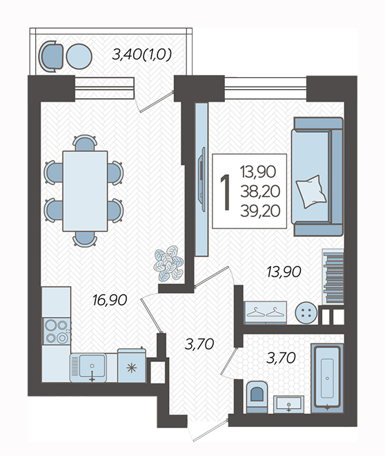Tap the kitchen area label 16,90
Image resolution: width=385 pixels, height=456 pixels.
(110, 300)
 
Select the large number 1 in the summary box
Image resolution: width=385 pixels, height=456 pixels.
(226, 192)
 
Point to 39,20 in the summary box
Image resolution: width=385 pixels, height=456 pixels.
(260, 211)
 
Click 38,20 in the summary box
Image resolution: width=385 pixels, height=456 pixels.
(260, 191)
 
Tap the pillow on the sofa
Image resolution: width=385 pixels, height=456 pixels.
(311, 191)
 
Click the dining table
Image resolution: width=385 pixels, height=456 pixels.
(85, 191)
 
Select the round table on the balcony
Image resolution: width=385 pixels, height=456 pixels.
(79, 57)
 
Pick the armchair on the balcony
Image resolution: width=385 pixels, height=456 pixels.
(51, 56)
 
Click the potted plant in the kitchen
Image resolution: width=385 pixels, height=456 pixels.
(168, 263)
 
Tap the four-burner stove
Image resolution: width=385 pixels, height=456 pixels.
(57, 331)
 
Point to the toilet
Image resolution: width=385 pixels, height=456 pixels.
(257, 397)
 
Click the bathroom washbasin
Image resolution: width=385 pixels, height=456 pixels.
(289, 404)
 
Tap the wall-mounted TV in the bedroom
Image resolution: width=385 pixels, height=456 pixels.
(201, 180)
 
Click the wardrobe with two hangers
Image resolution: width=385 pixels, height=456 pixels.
(266, 312)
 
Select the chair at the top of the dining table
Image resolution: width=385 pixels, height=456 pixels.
(84, 143)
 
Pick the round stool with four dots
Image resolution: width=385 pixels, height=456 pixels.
(306, 313)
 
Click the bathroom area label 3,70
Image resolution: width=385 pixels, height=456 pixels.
(281, 358)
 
